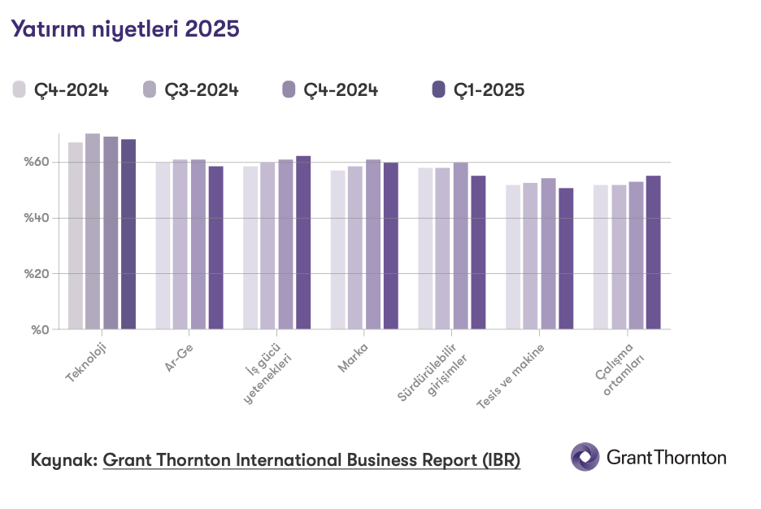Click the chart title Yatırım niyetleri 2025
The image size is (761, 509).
[x=124, y=30]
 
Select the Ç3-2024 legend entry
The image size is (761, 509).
[x=190, y=90]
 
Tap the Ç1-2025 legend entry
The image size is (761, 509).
[x=479, y=90]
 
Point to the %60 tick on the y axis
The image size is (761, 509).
[x=37, y=163]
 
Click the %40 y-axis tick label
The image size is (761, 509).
[x=37, y=218]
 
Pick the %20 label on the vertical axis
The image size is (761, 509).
[x=37, y=274]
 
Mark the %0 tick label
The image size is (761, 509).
[x=41, y=329]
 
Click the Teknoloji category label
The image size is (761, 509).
[x=87, y=361]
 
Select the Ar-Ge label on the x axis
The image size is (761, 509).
[x=179, y=357]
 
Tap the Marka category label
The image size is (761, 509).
[x=354, y=358]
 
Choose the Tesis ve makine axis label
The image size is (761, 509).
[x=511, y=376]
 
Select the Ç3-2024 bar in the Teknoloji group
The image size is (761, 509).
[x=93, y=232]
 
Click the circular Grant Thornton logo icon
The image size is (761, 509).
[x=585, y=457]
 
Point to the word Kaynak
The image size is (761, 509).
[x=63, y=459]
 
